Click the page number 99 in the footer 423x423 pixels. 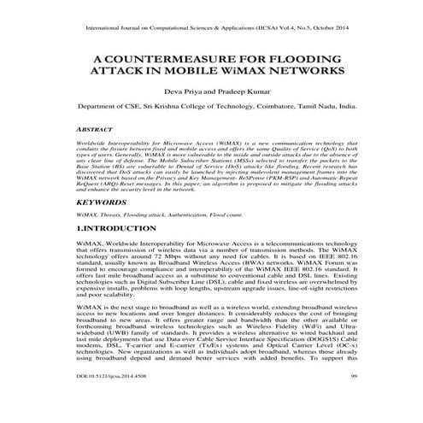click(352, 400)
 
